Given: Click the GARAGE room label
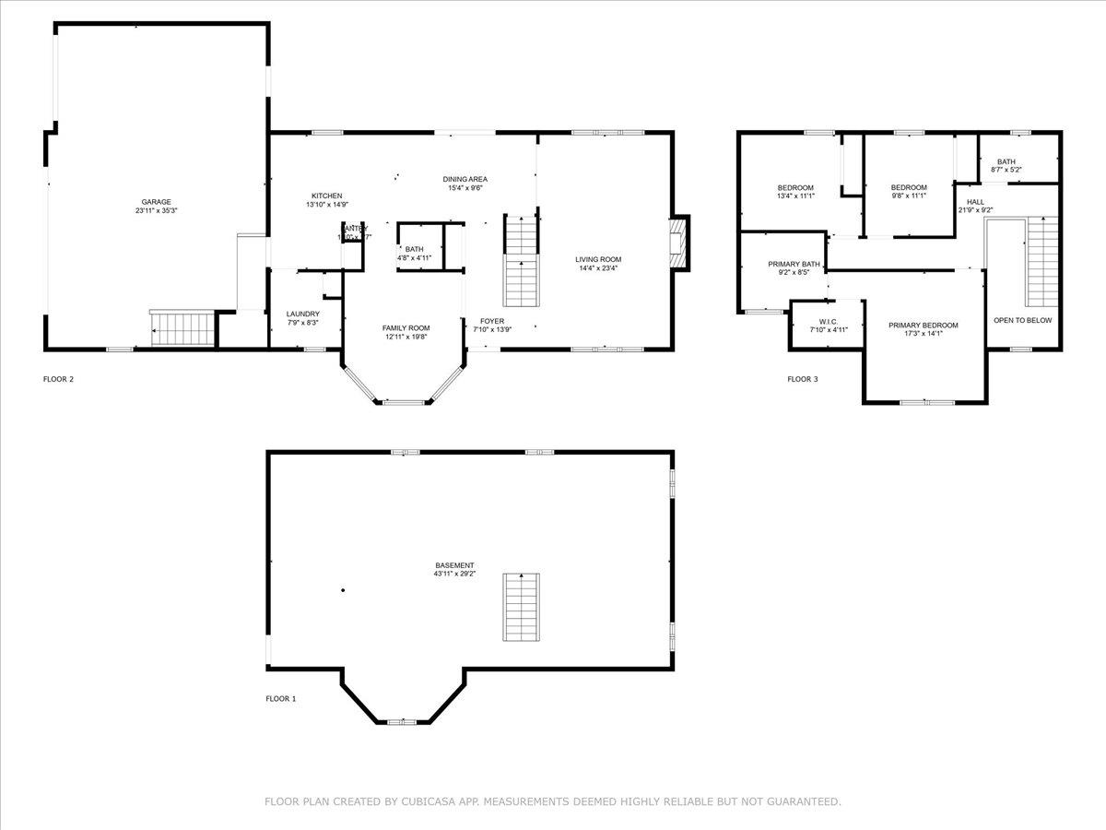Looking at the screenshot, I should [x=156, y=202].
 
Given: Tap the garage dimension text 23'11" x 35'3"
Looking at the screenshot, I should [x=156, y=211].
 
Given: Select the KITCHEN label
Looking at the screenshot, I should [x=326, y=196].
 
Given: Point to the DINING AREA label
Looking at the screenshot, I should [x=465, y=179].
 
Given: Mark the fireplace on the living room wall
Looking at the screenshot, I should [x=679, y=243].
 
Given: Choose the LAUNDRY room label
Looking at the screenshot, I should [x=302, y=314].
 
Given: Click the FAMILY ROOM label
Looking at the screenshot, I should [x=406, y=327].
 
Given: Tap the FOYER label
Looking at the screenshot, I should [x=492, y=321].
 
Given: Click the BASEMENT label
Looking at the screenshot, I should [x=455, y=565].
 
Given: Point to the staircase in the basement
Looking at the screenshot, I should [x=521, y=607].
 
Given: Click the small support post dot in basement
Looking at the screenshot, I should [x=343, y=590].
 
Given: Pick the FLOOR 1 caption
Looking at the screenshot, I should [x=281, y=699].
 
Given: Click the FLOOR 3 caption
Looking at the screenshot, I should [x=802, y=379].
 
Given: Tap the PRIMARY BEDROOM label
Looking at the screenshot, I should [x=923, y=325].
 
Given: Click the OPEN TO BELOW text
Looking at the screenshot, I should [x=1022, y=320].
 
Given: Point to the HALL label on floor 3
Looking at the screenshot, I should [x=975, y=201].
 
